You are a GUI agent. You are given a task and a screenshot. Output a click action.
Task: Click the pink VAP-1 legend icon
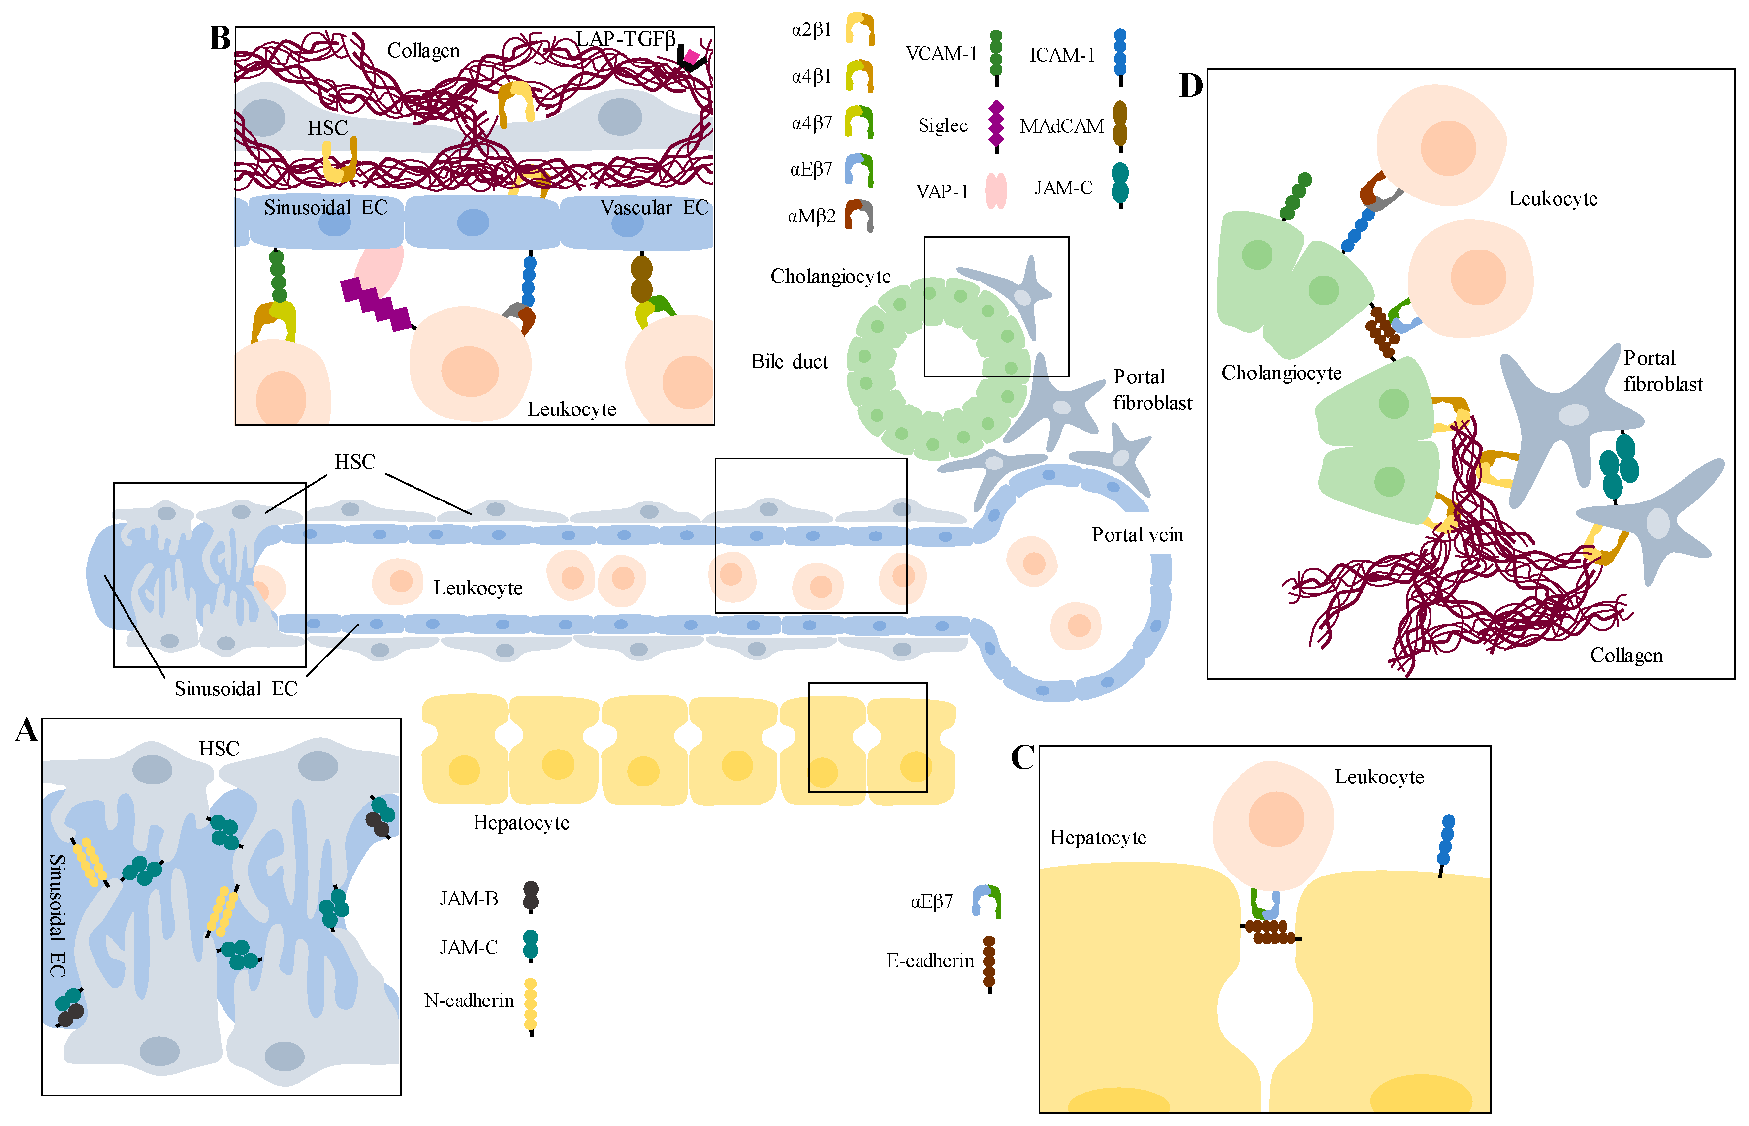click(995, 191)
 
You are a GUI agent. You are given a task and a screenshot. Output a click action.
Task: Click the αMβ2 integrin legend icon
click(859, 216)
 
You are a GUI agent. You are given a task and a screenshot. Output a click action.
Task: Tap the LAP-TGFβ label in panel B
click(625, 39)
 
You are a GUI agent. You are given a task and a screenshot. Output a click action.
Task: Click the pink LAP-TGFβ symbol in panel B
click(690, 56)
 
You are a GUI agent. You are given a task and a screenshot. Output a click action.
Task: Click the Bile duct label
click(789, 362)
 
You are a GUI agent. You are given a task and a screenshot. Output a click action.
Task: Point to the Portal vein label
click(1137, 535)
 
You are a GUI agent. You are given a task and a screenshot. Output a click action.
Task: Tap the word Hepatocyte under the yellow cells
click(521, 823)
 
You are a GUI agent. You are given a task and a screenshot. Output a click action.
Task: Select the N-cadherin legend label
click(469, 1000)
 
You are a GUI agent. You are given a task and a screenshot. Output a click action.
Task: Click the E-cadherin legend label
click(929, 961)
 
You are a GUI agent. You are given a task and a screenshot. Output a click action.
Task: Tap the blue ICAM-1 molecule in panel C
click(1446, 842)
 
